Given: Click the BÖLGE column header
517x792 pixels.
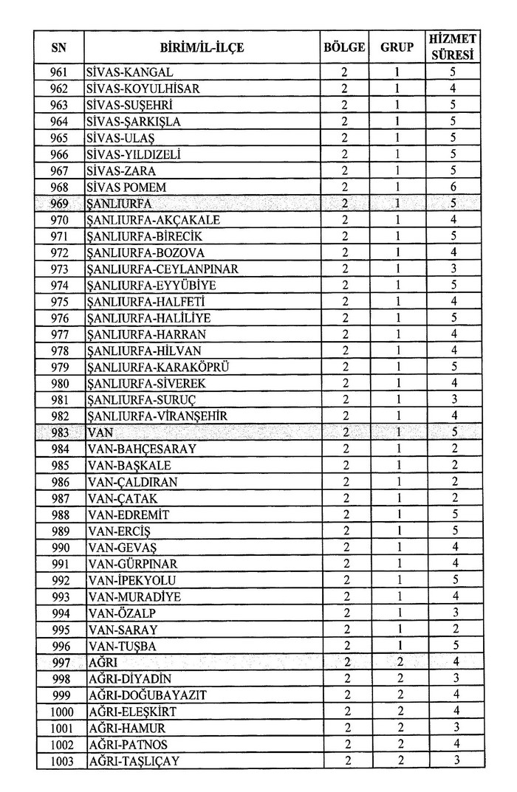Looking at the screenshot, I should (344, 48).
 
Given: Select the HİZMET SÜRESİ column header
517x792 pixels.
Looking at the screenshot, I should (453, 48).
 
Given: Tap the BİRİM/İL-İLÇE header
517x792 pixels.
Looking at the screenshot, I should (202, 48).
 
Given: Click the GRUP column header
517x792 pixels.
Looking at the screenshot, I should (397, 48).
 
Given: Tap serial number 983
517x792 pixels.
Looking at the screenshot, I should (59, 433).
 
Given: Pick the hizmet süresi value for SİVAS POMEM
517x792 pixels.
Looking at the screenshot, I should (453, 187).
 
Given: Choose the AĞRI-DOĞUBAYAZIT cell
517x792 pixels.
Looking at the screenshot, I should (146, 695).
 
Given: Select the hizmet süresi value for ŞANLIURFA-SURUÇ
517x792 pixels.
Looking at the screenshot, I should (453, 400).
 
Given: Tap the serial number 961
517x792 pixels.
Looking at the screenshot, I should (59, 72).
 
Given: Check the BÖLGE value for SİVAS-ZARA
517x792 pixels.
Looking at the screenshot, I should (344, 171).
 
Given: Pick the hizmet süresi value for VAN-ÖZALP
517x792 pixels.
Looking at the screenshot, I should (453, 613).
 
